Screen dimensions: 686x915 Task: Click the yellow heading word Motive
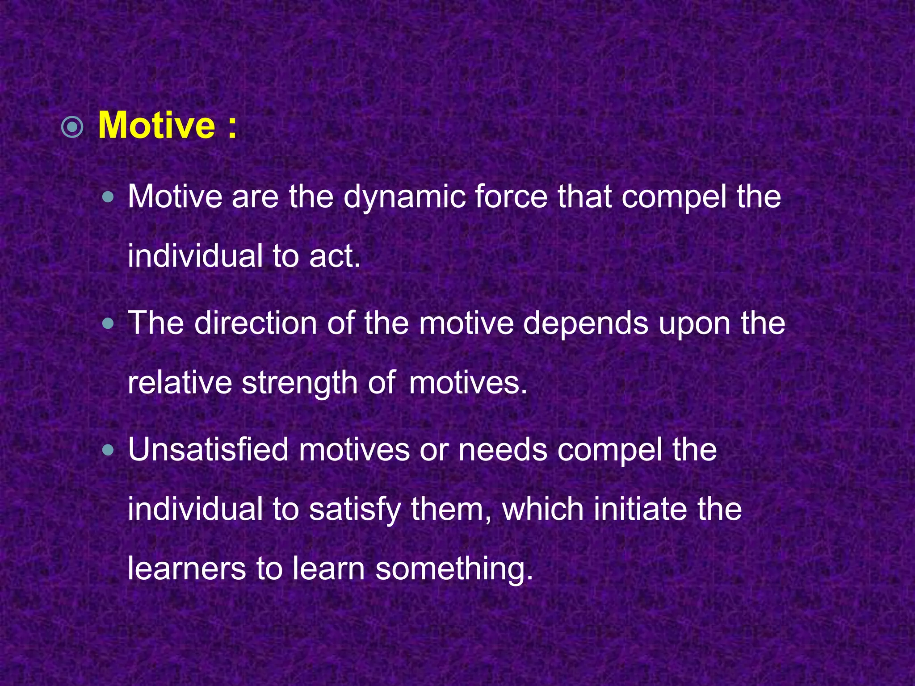coord(156,126)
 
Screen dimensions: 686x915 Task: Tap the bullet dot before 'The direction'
coord(108,323)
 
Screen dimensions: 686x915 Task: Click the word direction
coord(255,323)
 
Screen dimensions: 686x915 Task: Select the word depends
coord(586,324)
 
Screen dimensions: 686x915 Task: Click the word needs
coord(503,450)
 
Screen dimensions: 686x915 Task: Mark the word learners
coord(187,569)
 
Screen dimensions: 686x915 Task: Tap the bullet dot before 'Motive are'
coord(108,197)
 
